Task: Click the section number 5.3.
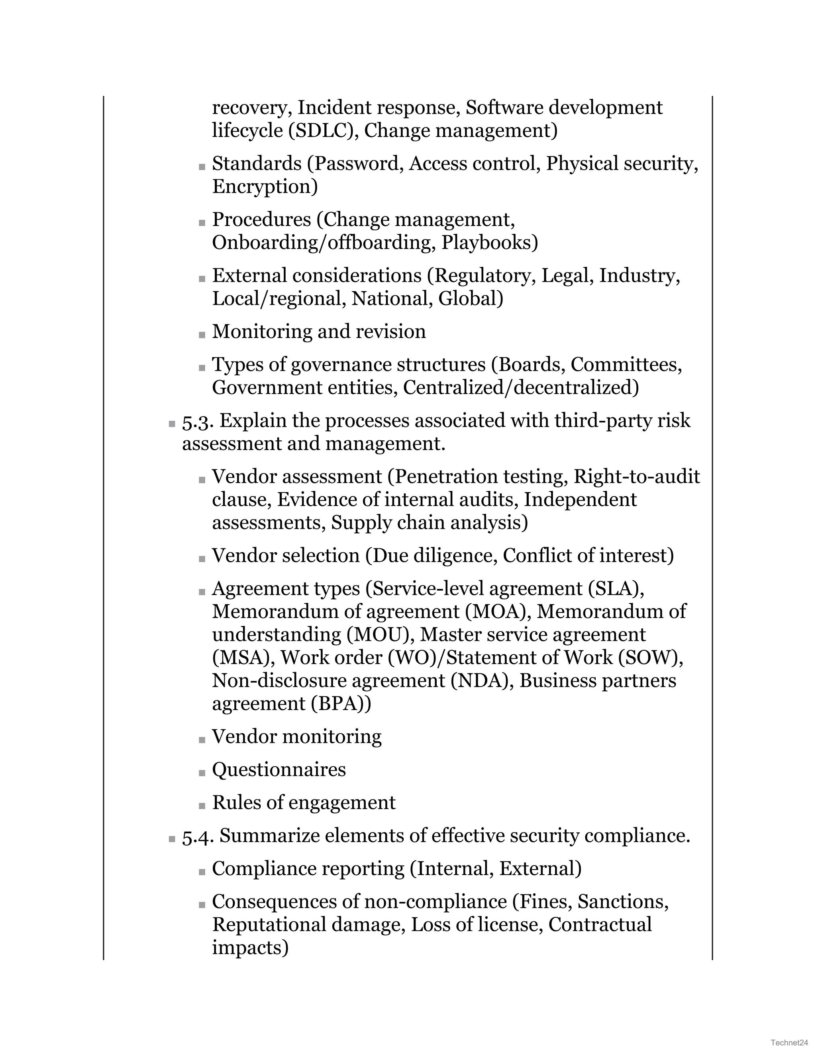click(x=198, y=421)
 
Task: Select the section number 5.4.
click(x=198, y=836)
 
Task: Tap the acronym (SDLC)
click(x=320, y=131)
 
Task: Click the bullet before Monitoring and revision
click(x=202, y=335)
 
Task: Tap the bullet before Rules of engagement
click(x=202, y=806)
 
